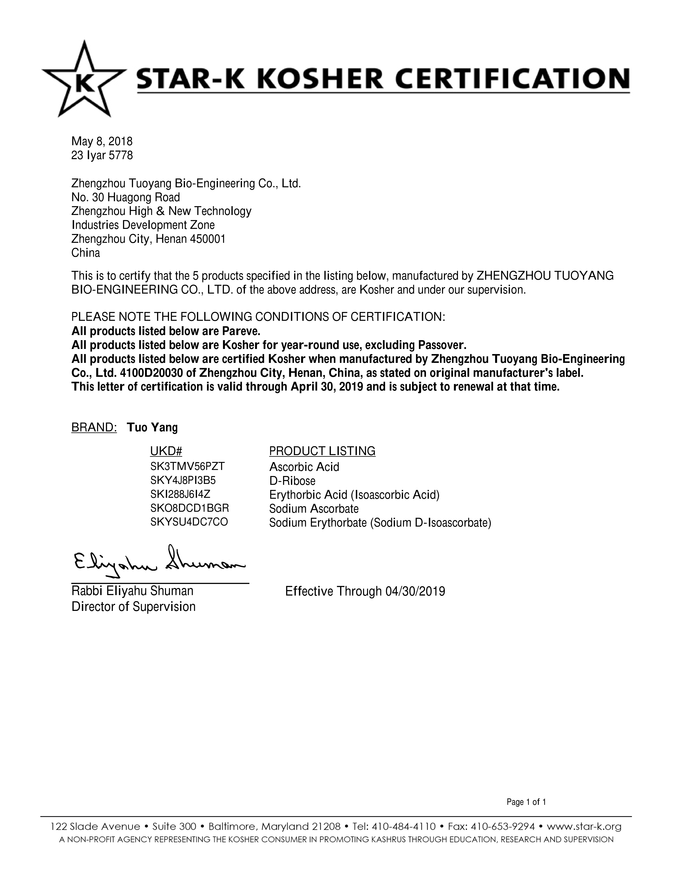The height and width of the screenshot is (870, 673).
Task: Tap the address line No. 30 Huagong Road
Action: coord(126,197)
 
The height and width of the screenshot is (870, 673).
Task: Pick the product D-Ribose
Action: coord(292,481)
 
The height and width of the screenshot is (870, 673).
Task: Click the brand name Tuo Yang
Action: coord(152,428)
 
